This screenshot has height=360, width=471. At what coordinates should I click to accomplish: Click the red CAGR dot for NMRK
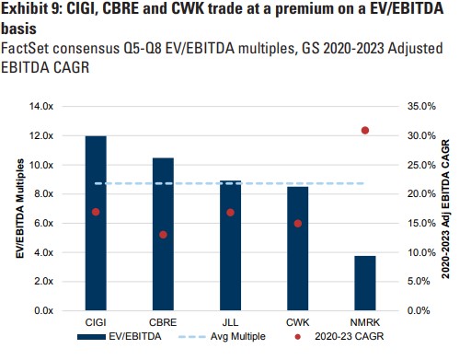pos(365,131)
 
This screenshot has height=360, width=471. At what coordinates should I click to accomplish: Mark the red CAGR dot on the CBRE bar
pos(163,235)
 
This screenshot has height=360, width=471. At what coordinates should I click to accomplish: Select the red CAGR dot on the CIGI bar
pos(96,212)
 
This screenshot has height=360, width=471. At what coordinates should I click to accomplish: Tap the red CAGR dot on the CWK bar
pos(297,224)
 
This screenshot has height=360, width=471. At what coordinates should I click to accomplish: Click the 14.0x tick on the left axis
pos(42,107)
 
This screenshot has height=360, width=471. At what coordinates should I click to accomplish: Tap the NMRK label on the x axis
pos(365,323)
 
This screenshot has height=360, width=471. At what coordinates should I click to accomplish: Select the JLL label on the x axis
pos(230,323)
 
